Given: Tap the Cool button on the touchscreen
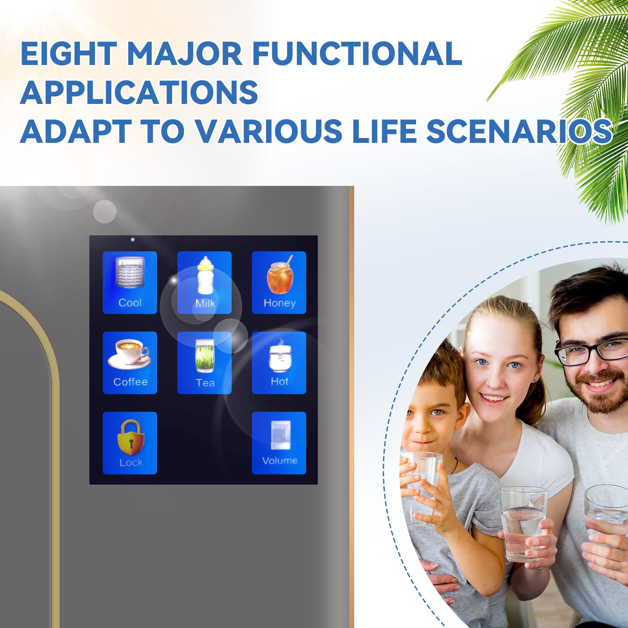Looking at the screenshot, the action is pyautogui.click(x=130, y=283).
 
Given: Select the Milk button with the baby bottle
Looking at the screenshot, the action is pyautogui.click(x=204, y=283).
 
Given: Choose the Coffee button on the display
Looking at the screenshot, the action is pyautogui.click(x=130, y=363).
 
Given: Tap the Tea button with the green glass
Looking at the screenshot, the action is pyautogui.click(x=204, y=363).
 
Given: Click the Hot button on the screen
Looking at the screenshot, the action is pyautogui.click(x=279, y=363).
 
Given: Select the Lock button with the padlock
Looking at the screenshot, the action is pyautogui.click(x=130, y=443).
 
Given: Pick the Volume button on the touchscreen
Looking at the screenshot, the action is pyautogui.click(x=279, y=443).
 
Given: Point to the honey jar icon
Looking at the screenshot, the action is pyautogui.click(x=279, y=275).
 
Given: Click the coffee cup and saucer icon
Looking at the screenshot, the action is pyautogui.click(x=129, y=355).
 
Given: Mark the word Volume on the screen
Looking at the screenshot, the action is pyautogui.click(x=279, y=461).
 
